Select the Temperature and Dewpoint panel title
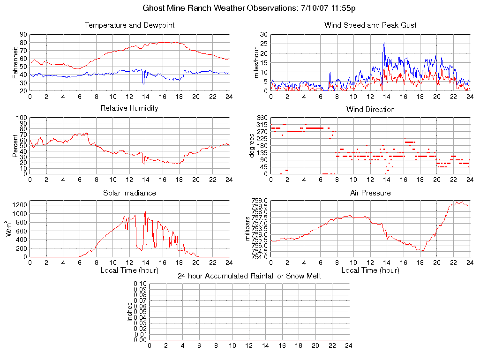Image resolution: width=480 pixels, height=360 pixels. click(129, 25)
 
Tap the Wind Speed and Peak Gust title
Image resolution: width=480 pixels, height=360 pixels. click(370, 25)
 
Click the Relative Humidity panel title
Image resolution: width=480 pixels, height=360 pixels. click(129, 108)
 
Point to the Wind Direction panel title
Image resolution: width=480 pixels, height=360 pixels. click(370, 109)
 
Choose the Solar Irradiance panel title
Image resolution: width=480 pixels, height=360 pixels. click(129, 193)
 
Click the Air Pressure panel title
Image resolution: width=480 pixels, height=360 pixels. click(370, 193)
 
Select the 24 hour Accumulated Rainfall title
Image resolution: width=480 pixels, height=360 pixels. click(249, 276)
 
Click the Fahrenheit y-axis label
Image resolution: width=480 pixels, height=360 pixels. click(15, 62)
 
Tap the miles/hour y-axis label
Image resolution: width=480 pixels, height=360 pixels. click(256, 62)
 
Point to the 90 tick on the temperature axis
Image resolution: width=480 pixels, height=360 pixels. click(23, 34)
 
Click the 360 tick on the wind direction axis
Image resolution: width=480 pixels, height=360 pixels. click(262, 118)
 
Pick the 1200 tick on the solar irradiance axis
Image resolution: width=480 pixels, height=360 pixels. click(20, 205)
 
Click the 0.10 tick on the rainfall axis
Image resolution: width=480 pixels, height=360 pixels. click(140, 284)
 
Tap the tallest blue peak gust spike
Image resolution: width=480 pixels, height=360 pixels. click(384, 43)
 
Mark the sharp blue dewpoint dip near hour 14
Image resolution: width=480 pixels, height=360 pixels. click(143, 83)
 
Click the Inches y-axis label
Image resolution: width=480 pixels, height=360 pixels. click(130, 312)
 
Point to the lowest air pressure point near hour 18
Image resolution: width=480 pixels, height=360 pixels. click(422, 251)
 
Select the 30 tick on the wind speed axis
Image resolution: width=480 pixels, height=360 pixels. click(264, 34)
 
